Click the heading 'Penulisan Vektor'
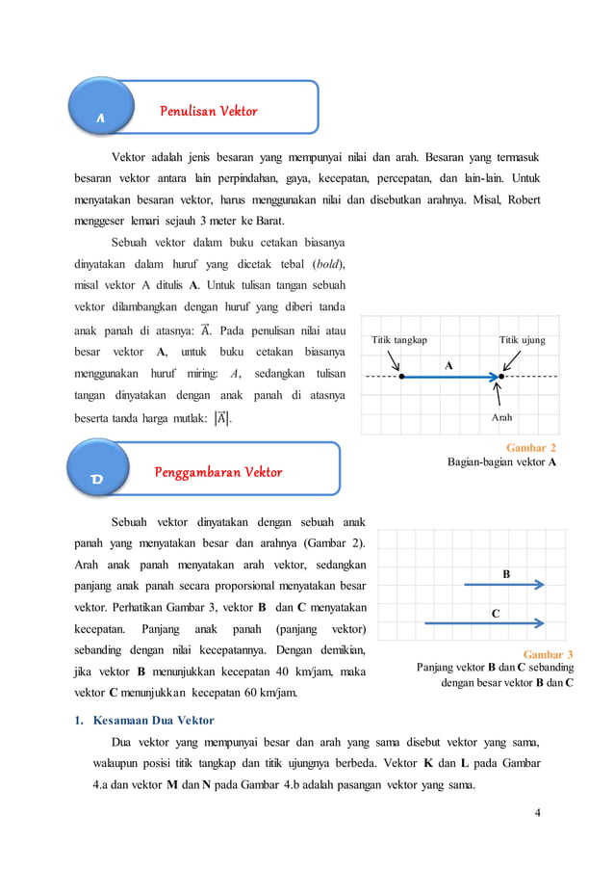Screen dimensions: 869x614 tap(208, 111)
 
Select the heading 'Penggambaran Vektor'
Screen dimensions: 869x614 tap(218, 472)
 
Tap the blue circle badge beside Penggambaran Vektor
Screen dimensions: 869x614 tap(100, 472)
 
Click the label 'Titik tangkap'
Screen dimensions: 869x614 tap(399, 340)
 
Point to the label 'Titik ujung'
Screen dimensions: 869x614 tap(523, 340)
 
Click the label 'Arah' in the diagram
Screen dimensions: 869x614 tap(501, 419)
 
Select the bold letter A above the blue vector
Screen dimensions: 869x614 tap(448, 366)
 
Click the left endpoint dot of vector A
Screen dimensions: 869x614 tap(401, 376)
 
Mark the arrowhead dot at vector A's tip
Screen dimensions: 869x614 tap(501, 376)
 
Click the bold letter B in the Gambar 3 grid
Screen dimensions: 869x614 tap(506, 573)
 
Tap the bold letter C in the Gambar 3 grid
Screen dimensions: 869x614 tap(495, 613)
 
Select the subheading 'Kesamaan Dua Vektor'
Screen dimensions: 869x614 tap(153, 720)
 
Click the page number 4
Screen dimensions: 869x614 tap(537, 812)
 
